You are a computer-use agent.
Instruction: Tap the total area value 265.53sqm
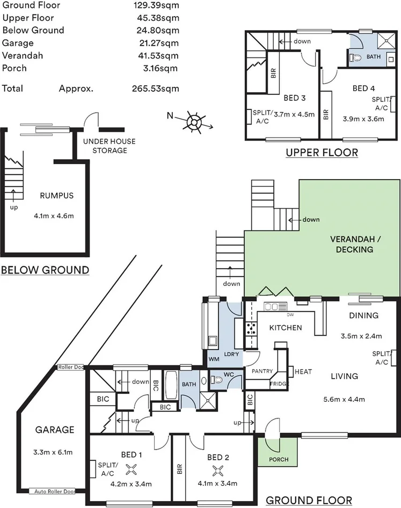(156, 89)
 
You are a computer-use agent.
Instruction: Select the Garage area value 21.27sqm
(156, 43)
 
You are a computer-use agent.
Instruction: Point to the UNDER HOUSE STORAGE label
(109, 146)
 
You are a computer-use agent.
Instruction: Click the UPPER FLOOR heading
(322, 153)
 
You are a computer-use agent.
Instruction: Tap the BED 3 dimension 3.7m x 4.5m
(294, 114)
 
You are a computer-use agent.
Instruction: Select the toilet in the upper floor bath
(355, 58)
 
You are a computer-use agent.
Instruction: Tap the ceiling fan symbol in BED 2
(218, 471)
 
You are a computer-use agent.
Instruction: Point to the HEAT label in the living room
(303, 371)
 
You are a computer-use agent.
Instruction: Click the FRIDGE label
(279, 384)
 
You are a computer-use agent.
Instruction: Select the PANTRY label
(262, 371)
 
